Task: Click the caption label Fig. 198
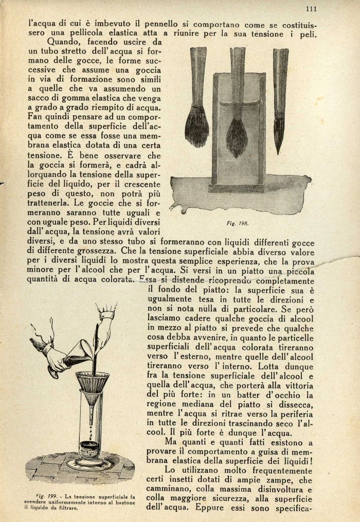tap(237, 223)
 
